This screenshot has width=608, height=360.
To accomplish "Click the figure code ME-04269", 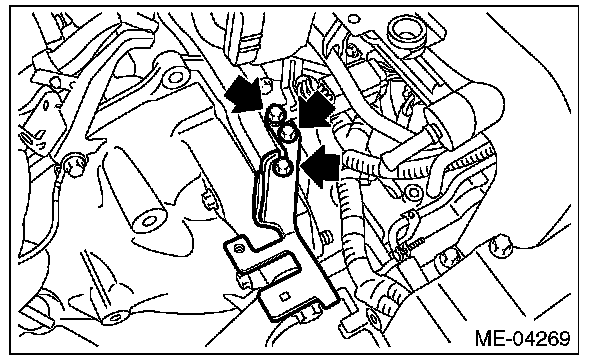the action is pos(522,338).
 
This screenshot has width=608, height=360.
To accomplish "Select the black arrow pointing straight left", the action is pos(320,167).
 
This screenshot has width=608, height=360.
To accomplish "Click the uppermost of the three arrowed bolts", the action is pos(275,115).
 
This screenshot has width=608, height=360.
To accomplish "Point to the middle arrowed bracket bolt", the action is pos(289,133).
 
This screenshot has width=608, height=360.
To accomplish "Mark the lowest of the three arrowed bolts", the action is pos(282,167).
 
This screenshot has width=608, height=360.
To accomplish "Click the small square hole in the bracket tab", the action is pos(285,297).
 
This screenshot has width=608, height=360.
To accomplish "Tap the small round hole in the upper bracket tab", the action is pos(240,248).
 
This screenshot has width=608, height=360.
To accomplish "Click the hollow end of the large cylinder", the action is pos(149,222).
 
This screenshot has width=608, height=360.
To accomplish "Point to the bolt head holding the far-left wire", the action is pos(73,165).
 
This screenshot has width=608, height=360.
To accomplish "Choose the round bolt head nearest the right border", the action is pos(501,246).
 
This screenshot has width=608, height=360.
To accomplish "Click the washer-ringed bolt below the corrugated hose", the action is pos(414,192).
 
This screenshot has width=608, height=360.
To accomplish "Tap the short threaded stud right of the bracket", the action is pos(327,237).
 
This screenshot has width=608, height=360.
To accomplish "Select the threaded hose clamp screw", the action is pos(411,244).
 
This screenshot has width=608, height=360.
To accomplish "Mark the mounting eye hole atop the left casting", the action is pos(174,77).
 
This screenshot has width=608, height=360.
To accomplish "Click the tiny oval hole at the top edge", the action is pos(354,19).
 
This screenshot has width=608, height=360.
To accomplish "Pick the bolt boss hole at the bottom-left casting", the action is pos(115,318).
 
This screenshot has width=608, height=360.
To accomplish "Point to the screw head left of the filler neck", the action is pos(351,50).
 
